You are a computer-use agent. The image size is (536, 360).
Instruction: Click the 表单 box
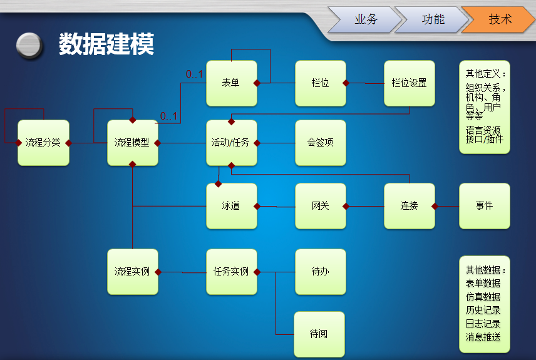(231, 83)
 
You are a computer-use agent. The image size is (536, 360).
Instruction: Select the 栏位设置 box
(409, 83)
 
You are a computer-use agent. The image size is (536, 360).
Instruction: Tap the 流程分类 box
(43, 143)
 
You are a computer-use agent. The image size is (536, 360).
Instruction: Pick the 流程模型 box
(132, 143)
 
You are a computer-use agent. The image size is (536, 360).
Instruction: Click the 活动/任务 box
(231, 143)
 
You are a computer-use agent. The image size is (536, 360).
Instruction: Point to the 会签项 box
(320, 143)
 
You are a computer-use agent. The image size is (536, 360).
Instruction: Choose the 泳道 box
(231, 206)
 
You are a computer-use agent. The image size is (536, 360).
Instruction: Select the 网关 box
(320, 206)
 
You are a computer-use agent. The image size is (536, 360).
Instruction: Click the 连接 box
(409, 206)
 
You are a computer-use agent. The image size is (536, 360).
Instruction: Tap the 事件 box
(484, 206)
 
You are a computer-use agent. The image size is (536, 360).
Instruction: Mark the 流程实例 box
(132, 272)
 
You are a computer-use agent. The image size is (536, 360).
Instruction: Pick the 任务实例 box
(231, 272)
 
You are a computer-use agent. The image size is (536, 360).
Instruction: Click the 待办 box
(320, 272)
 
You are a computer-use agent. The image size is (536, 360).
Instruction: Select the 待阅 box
(319, 334)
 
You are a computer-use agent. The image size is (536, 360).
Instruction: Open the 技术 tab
(500, 19)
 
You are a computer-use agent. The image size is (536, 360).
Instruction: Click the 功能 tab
(433, 19)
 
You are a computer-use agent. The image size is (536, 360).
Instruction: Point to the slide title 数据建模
(106, 44)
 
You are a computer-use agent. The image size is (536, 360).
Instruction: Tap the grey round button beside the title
(29, 45)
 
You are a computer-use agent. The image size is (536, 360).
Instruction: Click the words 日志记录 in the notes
(483, 324)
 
